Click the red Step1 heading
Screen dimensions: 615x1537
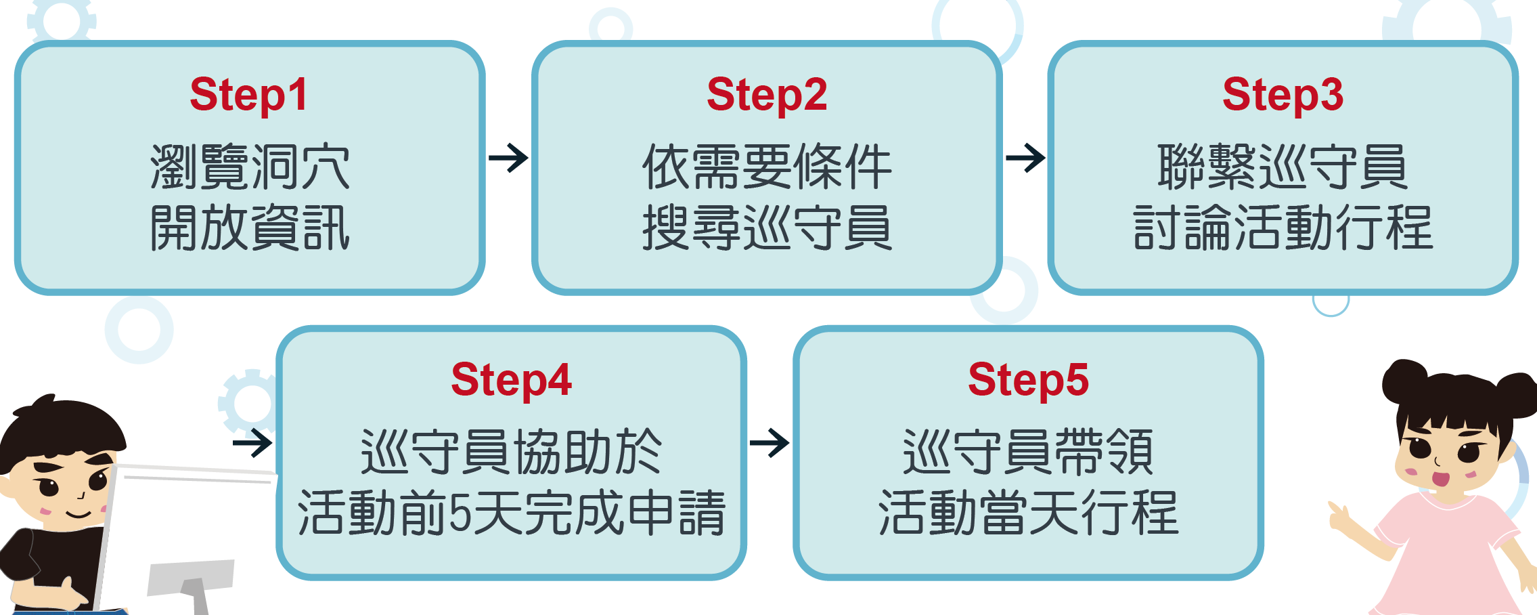pos(248,95)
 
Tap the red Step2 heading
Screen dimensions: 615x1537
pos(766,95)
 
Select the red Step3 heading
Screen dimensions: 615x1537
pos(1283,95)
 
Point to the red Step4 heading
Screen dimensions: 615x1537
pos(511,380)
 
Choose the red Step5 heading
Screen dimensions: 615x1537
pos(1028,380)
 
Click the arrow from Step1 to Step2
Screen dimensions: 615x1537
pos(508,158)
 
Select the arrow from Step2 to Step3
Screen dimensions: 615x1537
pos(1025,158)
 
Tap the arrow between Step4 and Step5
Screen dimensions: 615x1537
pos(770,444)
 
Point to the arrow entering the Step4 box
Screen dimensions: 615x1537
pos(253,444)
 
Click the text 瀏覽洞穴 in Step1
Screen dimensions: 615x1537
pos(250,167)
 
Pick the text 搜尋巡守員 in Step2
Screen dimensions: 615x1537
pos(767,228)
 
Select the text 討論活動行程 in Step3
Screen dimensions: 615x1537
pos(1283,228)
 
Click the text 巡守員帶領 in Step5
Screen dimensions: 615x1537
pos(1028,452)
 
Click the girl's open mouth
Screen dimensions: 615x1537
pos(1440,479)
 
